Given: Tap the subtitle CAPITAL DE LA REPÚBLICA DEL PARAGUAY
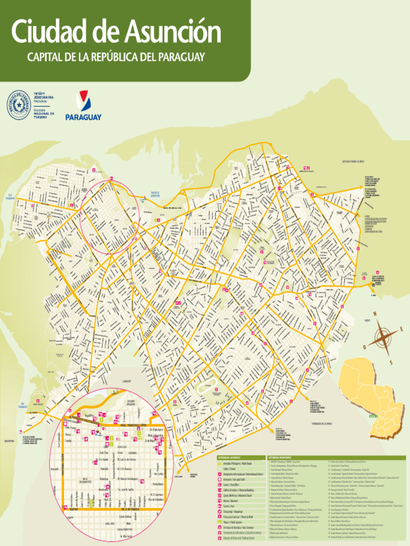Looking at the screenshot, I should point(116,57).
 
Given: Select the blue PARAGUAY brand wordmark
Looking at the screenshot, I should point(83,116).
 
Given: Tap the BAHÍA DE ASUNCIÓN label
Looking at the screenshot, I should point(155,195).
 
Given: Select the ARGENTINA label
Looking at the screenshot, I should point(9,441).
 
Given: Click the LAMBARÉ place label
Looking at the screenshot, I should point(127,381).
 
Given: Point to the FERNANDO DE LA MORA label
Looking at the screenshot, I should point(315,424).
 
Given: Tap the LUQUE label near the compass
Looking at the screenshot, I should point(367,320).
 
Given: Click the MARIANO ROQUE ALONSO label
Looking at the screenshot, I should point(353,161).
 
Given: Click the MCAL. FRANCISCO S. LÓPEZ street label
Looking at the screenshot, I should point(130,425).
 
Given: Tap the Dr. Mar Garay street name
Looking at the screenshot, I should point(126,536).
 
